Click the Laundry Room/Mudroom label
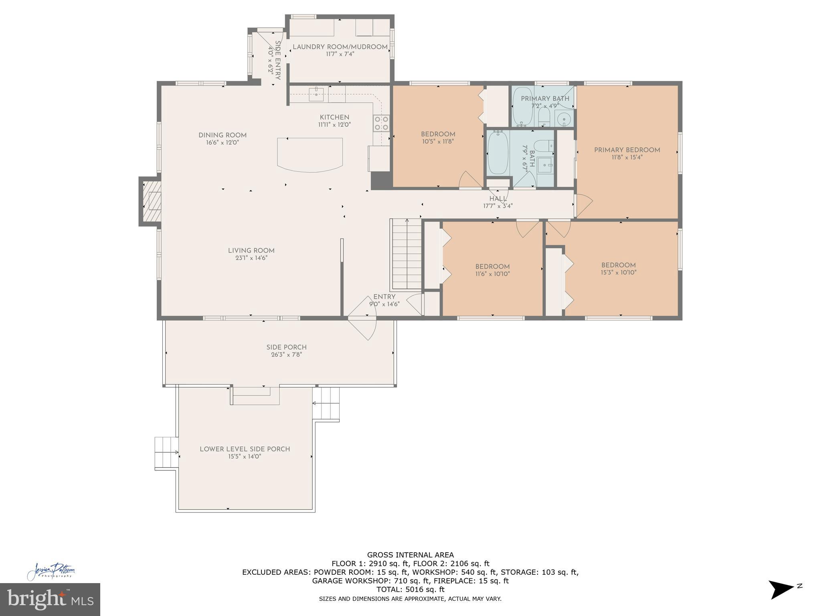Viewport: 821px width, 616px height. pyautogui.click(x=340, y=47)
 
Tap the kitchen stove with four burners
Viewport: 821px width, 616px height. pyautogui.click(x=381, y=123)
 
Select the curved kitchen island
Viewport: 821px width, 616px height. pyautogui.click(x=310, y=154)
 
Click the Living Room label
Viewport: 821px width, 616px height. pyautogui.click(x=251, y=251)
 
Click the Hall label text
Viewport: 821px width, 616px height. pyautogui.click(x=497, y=199)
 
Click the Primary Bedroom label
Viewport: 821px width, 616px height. pyautogui.click(x=627, y=150)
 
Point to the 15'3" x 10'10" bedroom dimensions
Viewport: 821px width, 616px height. pyautogui.click(x=619, y=272)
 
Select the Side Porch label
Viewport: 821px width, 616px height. pyautogui.click(x=286, y=347)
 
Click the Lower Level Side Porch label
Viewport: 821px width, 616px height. pyautogui.click(x=245, y=449)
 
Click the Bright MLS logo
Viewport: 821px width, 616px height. pyautogui.click(x=50, y=599)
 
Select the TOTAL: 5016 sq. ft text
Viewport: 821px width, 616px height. pyautogui.click(x=410, y=590)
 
